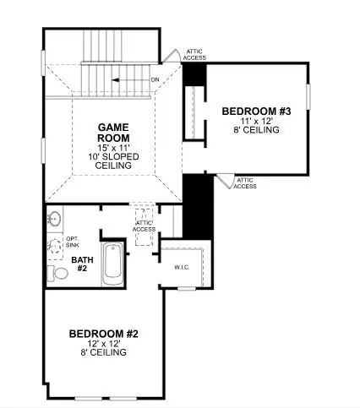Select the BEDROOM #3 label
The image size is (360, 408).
pyautogui.click(x=256, y=112)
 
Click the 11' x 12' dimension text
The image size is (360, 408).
pyautogui.click(x=256, y=122)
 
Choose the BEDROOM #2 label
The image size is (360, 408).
pyautogui.click(x=105, y=335)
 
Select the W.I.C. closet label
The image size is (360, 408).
pyautogui.click(x=182, y=269)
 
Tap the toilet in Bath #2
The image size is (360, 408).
pyautogui.click(x=56, y=273)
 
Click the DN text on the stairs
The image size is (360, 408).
pyautogui.click(x=155, y=80)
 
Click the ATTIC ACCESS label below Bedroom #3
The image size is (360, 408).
pyautogui.click(x=245, y=183)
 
